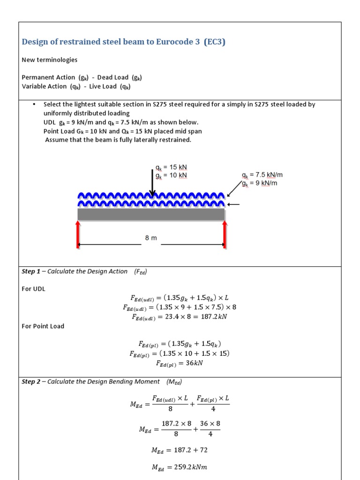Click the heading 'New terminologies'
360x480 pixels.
click(50, 60)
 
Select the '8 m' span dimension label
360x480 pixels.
click(151, 238)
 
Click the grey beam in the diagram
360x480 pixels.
click(151, 214)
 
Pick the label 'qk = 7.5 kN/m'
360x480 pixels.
click(262, 175)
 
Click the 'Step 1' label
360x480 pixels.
click(31, 271)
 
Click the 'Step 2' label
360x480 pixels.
click(31, 382)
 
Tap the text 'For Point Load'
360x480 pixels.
click(43, 326)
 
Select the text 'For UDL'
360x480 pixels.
click(34, 289)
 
